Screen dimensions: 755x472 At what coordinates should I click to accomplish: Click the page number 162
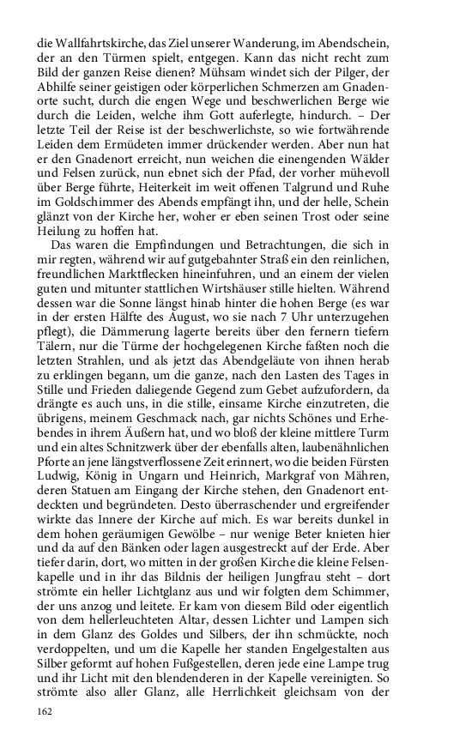tap(45, 712)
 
